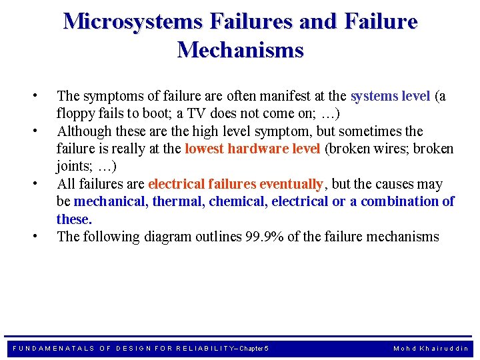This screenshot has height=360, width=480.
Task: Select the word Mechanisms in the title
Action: pyautogui.click(x=240, y=50)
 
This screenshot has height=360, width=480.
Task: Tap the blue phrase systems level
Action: pyautogui.click(x=390, y=96)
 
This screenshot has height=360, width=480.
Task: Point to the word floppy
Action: pyautogui.click(x=74, y=113)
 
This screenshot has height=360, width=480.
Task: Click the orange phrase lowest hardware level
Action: pyautogui.click(x=252, y=149)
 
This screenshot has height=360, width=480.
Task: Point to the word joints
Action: pyautogui.click(x=73, y=166)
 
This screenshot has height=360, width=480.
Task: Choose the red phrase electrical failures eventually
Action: pyautogui.click(x=235, y=184)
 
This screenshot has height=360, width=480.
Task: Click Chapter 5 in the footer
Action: pyautogui.click(x=253, y=348)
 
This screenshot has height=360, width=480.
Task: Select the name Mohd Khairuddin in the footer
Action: pyautogui.click(x=431, y=348)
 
